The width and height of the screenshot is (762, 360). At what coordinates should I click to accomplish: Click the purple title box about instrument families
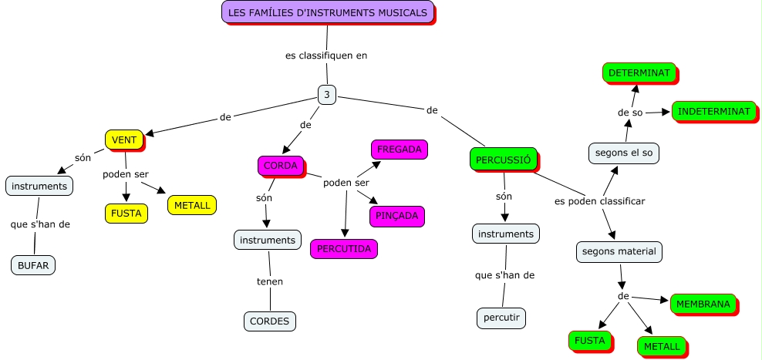coord(327,12)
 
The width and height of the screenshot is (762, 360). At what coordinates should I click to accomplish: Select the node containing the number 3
coord(327,94)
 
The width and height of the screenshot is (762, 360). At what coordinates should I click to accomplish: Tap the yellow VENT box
coord(124,140)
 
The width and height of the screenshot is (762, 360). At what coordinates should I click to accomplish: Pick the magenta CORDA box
coord(280,166)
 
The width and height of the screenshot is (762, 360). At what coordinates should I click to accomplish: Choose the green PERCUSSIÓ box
coord(503,160)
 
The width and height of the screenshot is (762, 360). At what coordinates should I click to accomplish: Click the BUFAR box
coord(33,265)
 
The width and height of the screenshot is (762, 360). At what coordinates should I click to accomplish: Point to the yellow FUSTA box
coord(125,213)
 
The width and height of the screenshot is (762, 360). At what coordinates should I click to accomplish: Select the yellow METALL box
coord(191,206)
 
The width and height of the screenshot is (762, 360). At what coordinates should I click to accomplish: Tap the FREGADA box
coord(399,149)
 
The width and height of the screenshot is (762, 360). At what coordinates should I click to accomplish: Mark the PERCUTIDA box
coord(344,249)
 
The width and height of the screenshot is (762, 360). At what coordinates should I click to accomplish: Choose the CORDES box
coord(270,321)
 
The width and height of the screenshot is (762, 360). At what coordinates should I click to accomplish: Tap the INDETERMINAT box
coord(713,111)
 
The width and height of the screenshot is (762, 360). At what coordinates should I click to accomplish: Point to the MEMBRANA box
coord(703,304)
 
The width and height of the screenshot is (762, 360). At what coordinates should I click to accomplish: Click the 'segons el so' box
coord(624,153)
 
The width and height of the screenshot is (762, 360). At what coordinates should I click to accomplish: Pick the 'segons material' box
coord(619,251)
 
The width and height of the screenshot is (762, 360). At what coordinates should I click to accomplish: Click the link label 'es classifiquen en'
coord(326,56)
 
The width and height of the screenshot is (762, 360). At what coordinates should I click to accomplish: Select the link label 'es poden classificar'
coord(599,201)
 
